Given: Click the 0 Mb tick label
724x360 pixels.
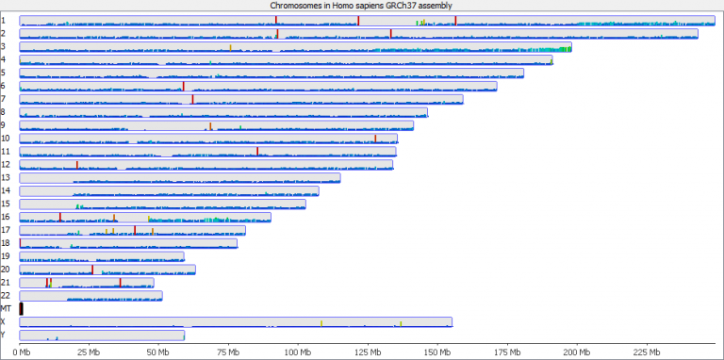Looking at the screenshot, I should tap(24, 352).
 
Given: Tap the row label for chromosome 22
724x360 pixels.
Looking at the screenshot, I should tap(6, 295).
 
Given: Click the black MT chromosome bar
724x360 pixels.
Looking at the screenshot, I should tap(21, 308).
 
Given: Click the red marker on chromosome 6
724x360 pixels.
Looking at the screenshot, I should tap(183, 86).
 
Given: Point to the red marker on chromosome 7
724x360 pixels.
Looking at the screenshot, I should tap(192, 99).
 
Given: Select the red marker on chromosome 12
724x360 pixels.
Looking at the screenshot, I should tap(77, 164).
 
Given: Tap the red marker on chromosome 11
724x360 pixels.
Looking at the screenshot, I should tap(257, 151).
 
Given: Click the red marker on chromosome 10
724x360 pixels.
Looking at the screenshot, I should tap(375, 138).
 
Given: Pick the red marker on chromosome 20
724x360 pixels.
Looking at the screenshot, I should tap(92, 269).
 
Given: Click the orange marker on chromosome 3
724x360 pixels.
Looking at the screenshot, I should tap(231, 46).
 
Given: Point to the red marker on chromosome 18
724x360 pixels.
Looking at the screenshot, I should tap(21, 242).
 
